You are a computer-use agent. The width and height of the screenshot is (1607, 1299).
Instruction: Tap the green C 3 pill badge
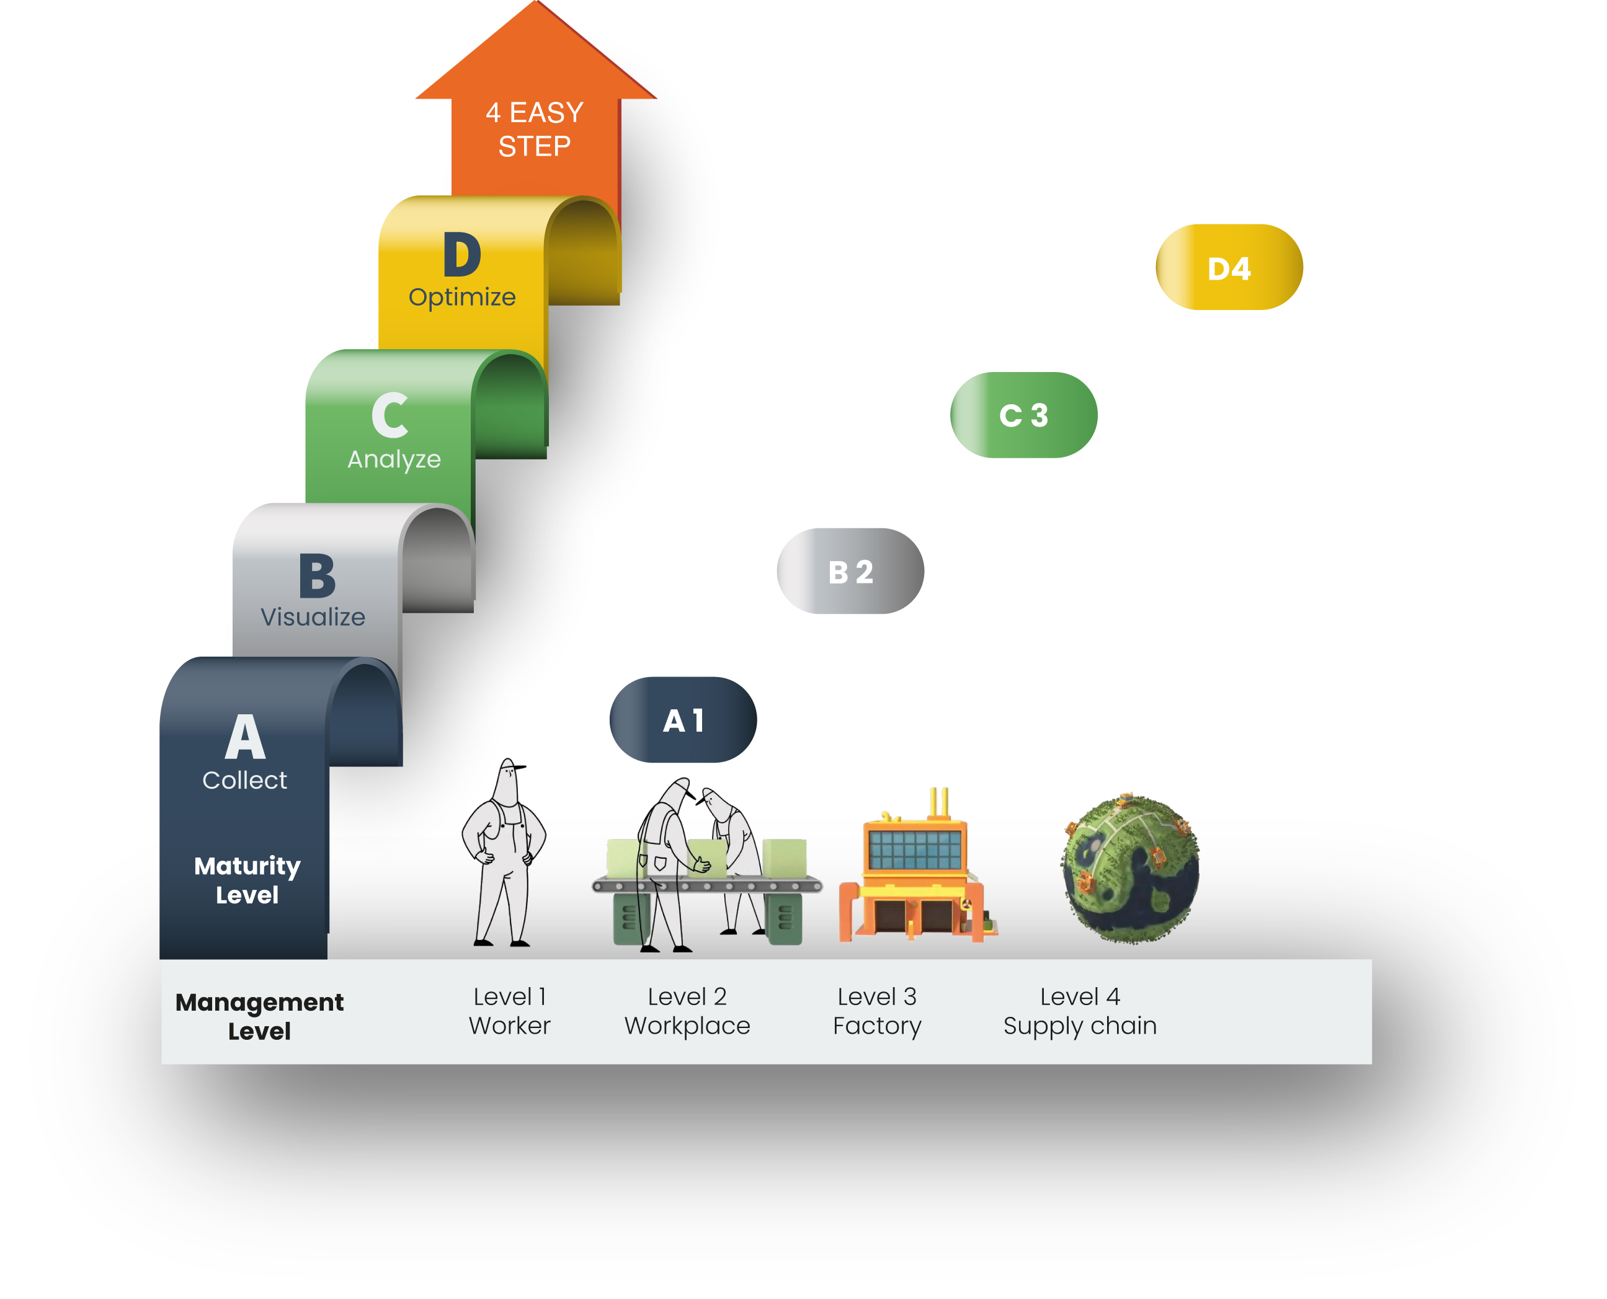1023,415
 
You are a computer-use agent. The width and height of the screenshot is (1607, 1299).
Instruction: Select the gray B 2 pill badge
850,571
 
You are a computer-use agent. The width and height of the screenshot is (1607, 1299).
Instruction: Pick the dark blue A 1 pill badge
683,720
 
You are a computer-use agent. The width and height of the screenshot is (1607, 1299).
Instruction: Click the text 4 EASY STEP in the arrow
535,129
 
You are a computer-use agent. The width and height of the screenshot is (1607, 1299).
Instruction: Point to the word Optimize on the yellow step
462,297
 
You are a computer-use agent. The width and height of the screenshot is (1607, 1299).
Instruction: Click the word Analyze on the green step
394,459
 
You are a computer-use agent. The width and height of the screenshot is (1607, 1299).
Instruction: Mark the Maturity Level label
247,880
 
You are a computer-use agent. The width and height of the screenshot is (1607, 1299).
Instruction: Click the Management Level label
259,1016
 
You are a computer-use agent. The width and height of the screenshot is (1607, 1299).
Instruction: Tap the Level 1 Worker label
509,1010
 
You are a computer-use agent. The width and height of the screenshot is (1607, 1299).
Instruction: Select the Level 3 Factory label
877,1010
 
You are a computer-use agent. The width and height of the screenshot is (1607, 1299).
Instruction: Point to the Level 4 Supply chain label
1079,1010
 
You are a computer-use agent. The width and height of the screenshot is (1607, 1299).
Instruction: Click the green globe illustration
1130,868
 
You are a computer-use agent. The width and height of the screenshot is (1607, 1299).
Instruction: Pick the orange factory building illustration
917,872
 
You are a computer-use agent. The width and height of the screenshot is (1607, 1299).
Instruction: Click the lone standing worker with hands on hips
504,853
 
